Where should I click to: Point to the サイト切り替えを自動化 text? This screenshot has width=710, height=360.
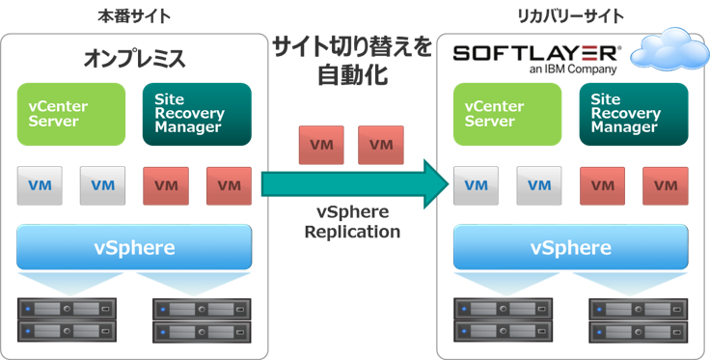click(x=352, y=60)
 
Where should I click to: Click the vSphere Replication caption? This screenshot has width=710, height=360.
click(x=352, y=223)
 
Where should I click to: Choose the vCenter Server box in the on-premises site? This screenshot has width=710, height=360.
click(x=71, y=114)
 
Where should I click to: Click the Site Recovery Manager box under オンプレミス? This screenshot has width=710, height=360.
click(x=197, y=114)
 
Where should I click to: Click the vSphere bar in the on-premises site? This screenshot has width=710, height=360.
click(x=134, y=247)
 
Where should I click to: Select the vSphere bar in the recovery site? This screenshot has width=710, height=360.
click(x=570, y=247)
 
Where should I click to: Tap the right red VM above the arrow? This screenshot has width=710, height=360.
click(x=381, y=145)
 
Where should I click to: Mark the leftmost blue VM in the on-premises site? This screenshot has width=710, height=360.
click(x=40, y=185)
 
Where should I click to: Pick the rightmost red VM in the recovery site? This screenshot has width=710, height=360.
click(x=666, y=185)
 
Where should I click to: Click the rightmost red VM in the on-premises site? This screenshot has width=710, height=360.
click(x=229, y=185)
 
